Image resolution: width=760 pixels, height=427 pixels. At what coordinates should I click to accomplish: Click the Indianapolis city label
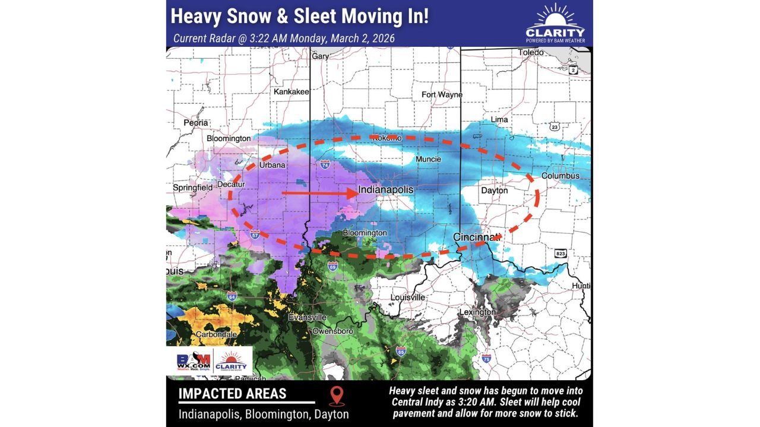(385, 190)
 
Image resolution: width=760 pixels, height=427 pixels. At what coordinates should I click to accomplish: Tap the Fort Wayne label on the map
(442, 95)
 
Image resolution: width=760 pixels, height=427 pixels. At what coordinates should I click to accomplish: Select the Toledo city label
(530, 53)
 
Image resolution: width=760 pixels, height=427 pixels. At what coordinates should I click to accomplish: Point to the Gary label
(321, 56)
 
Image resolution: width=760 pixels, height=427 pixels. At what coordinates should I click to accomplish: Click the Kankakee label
(291, 92)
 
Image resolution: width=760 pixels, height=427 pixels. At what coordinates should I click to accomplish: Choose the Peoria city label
(195, 123)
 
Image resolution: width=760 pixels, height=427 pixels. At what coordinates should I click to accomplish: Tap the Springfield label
(192, 187)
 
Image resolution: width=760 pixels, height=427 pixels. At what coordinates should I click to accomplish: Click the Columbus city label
(560, 176)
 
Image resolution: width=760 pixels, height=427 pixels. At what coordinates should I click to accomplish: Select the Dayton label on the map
(494, 191)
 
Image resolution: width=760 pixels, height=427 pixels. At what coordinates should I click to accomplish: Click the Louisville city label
(408, 297)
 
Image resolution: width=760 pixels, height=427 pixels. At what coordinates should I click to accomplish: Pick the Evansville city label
(308, 317)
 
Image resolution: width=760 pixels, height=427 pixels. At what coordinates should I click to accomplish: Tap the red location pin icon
(337, 396)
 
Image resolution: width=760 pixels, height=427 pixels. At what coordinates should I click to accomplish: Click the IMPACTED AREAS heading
(232, 394)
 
